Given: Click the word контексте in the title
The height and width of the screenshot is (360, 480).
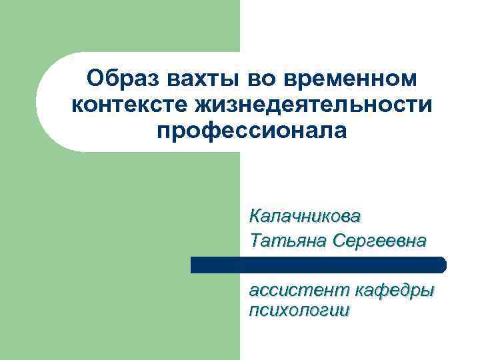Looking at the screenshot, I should click(127, 105).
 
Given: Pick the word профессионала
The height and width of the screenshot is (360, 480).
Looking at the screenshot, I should click(252, 130).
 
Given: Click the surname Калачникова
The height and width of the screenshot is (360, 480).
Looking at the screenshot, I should click(305, 216).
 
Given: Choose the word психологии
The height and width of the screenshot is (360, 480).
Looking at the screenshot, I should click(298, 311).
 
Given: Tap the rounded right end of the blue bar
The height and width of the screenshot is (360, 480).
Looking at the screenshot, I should click(441, 265).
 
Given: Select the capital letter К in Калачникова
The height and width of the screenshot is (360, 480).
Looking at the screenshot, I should click(255, 216).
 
